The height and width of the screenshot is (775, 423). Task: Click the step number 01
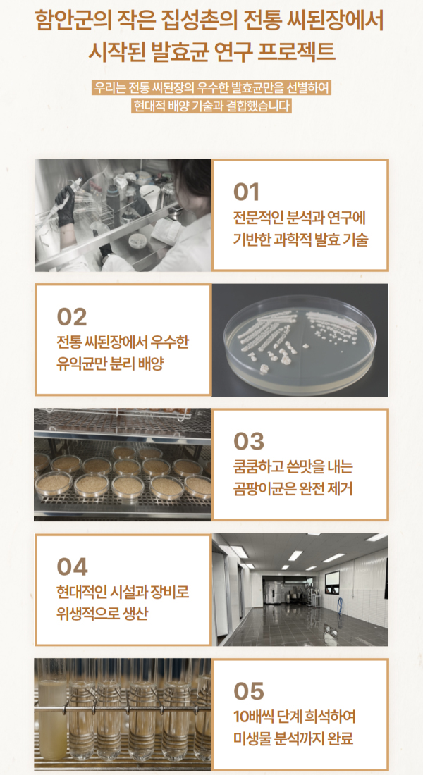[x=246, y=192]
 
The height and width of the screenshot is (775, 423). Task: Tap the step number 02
[x=72, y=317]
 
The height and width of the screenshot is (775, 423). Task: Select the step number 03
[x=248, y=441]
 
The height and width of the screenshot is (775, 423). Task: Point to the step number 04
[x=72, y=567]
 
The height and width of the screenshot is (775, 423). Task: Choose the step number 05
[x=248, y=691]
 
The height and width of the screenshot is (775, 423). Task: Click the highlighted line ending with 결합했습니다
[x=211, y=105]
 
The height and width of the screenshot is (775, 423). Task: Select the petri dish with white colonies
[x=300, y=340]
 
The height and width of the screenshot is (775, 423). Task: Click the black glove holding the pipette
[x=66, y=205]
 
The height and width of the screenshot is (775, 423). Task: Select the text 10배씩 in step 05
[x=250, y=717]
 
